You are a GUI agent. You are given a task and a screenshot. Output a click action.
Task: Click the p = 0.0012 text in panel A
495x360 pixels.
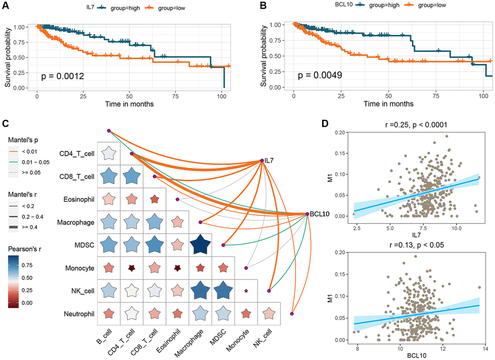tap(63, 76)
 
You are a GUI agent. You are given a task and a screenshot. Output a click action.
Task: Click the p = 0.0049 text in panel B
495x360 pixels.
tap(320, 76)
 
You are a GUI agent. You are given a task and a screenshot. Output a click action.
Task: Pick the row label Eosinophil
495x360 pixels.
tap(77, 198)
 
